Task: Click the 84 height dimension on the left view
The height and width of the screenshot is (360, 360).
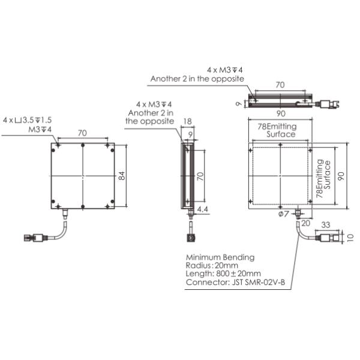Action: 122,176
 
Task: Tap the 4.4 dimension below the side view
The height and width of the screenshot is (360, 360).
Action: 202,210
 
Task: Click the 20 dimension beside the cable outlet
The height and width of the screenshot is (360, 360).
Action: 305,223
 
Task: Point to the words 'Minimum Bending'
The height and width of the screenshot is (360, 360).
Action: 220,257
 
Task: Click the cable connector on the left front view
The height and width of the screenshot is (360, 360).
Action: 32,238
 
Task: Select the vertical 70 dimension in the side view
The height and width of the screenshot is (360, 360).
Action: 201,176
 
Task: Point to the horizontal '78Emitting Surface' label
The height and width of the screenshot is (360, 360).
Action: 277,130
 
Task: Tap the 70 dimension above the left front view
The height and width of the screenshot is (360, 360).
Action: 82,133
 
